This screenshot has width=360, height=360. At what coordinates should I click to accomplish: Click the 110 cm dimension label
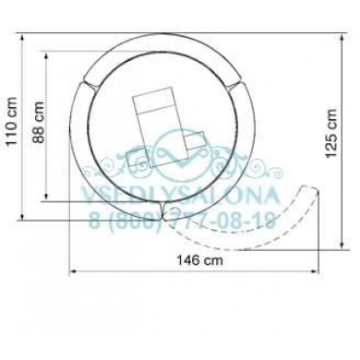pos(11,121)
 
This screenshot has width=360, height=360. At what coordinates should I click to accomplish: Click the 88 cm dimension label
pos(39,122)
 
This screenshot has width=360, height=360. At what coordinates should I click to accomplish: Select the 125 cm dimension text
pos(332,133)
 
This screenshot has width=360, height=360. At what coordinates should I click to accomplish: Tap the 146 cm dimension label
pos(199,260)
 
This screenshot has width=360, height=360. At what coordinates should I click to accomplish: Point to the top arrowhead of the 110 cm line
pos(22,37)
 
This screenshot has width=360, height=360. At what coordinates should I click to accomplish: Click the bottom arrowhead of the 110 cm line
pos(22,217)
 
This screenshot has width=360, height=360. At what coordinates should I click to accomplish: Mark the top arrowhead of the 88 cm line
pos(46,55)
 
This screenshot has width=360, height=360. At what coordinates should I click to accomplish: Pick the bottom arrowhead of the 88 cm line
pos(46,198)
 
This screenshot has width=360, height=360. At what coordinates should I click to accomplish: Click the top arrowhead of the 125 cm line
pos(342,39)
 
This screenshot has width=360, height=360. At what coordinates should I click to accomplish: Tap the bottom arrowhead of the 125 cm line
pos(342,245)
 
